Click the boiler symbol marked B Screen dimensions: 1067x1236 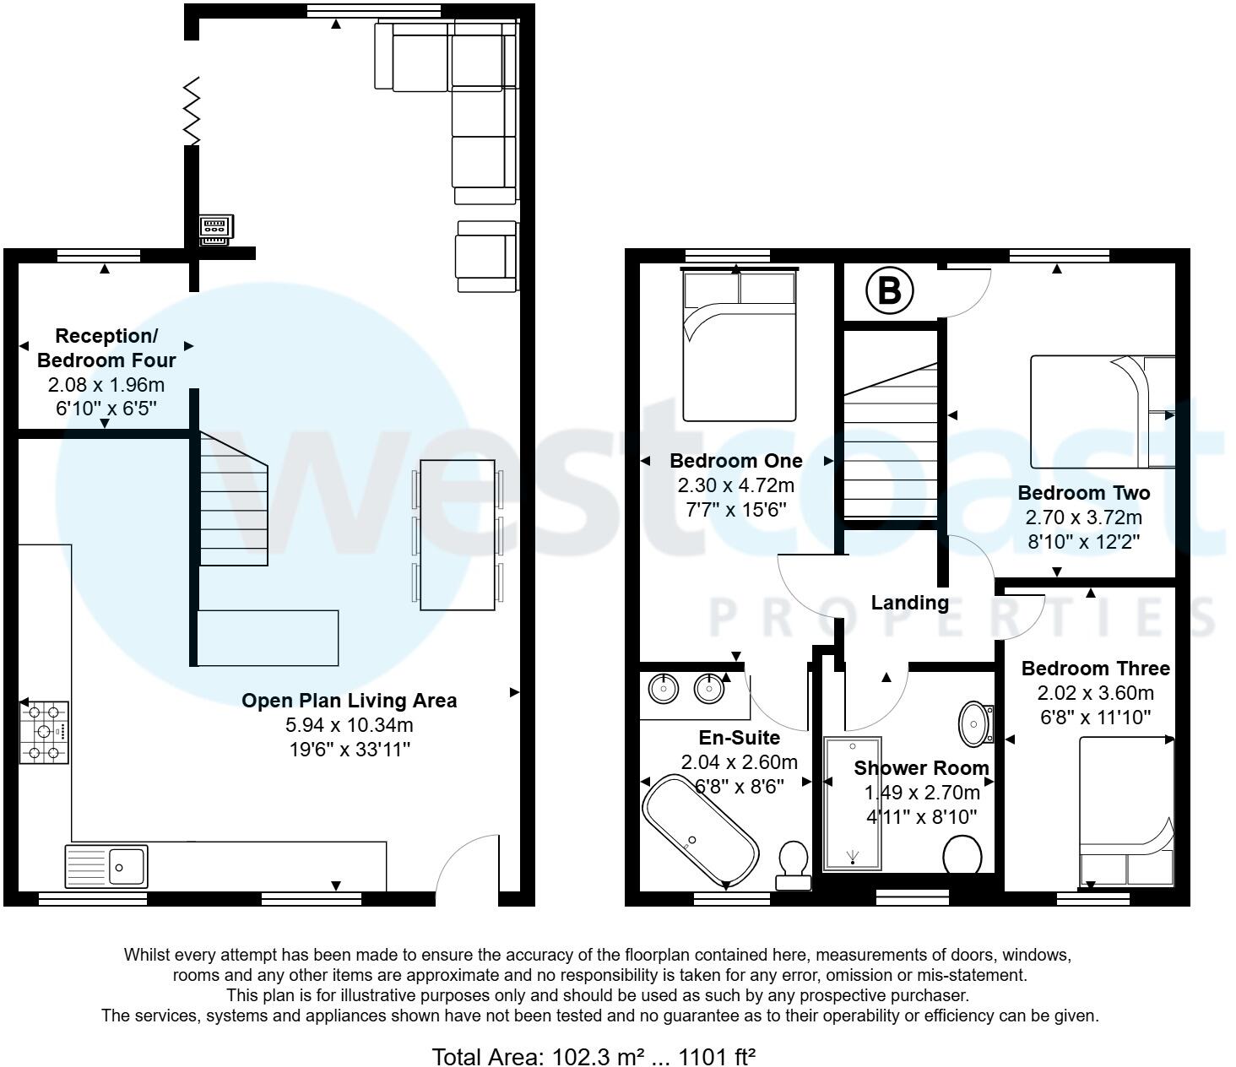[x=889, y=290]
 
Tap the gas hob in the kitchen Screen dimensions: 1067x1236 [x=45, y=732]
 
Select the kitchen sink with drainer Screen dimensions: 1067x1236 [x=106, y=865]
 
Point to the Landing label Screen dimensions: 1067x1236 [x=909, y=603]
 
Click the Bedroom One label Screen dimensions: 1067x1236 [x=735, y=461]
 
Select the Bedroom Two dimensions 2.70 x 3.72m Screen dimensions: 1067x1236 [x=1083, y=517]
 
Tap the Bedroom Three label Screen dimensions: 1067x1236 [x=1095, y=669]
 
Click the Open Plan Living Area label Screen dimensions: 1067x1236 [x=349, y=701]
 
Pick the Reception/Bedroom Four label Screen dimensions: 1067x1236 [x=106, y=348]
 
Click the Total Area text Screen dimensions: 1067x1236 [x=593, y=1056]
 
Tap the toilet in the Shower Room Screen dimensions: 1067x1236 [x=962, y=854]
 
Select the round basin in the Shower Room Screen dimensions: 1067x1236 [x=977, y=723]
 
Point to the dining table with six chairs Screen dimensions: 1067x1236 [x=458, y=534]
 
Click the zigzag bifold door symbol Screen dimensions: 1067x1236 [x=192, y=111]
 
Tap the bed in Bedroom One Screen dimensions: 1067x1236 [x=740, y=344]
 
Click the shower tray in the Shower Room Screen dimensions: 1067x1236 [x=853, y=804]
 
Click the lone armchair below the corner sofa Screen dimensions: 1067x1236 [x=486, y=257]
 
